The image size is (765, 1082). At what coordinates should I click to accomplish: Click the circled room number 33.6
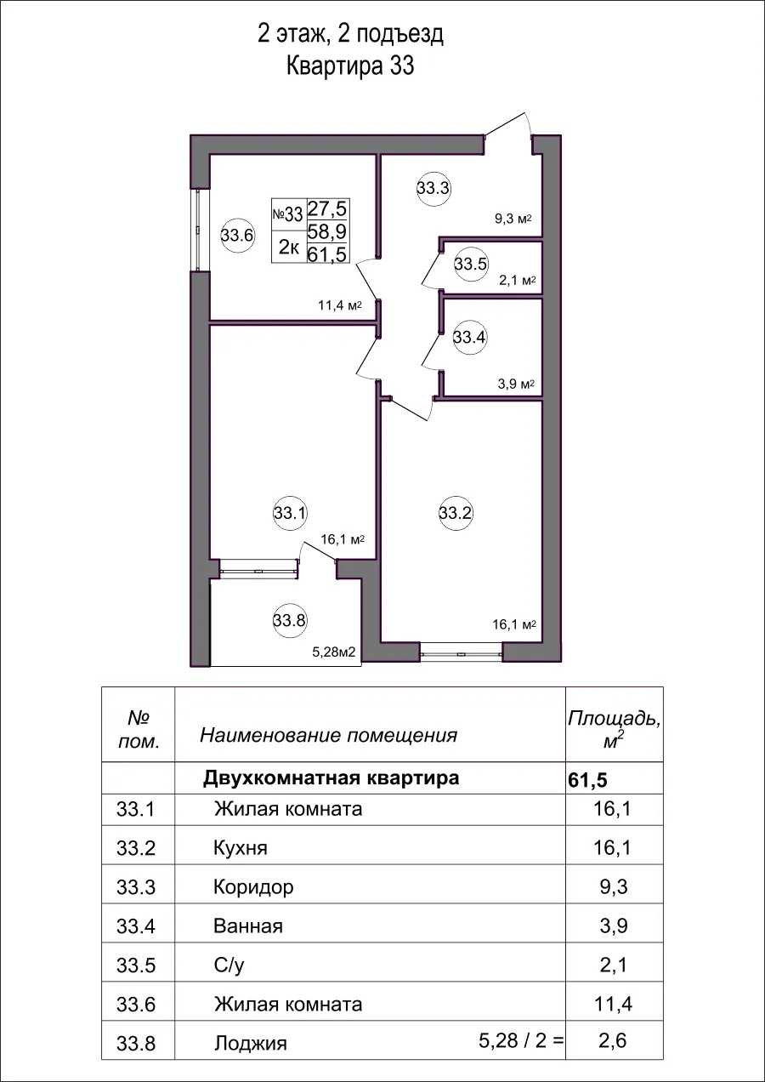[x=237, y=236]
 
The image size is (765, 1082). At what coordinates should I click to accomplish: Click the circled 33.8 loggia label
[x=289, y=620]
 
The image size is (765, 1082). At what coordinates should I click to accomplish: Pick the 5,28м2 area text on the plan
[x=333, y=653]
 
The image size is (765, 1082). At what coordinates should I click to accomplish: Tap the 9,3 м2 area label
[x=513, y=219]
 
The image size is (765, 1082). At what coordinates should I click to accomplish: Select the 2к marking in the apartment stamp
[x=289, y=248]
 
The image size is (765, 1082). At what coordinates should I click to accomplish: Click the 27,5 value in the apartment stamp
[x=328, y=209]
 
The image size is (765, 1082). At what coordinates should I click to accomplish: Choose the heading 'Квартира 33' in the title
[x=350, y=66]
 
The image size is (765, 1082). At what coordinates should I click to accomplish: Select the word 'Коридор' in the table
[x=253, y=887]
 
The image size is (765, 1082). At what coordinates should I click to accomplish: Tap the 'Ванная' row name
[x=247, y=926]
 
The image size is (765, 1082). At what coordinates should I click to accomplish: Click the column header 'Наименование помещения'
[x=328, y=735]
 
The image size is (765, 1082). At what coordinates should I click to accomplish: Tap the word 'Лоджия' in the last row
[x=250, y=1044]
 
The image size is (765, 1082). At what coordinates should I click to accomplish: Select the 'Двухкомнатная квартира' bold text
[x=331, y=778]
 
